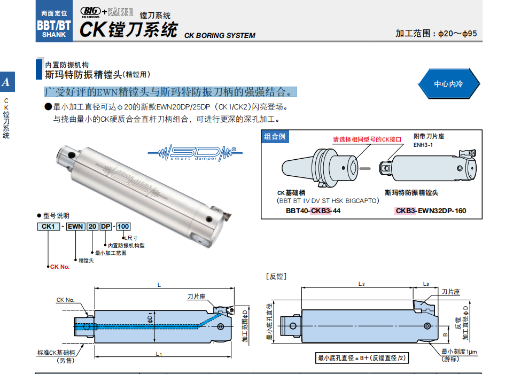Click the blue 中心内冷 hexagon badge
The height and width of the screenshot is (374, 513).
click(x=448, y=84)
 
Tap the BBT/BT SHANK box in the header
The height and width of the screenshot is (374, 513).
click(x=54, y=24)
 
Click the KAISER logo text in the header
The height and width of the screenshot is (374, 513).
click(x=120, y=11)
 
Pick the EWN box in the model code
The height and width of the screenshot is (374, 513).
click(x=75, y=227)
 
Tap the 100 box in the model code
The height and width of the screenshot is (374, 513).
click(x=123, y=227)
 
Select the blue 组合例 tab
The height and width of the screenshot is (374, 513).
click(x=275, y=137)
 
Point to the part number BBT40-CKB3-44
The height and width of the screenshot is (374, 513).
click(x=313, y=211)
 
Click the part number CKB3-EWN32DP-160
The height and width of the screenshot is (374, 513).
click(x=430, y=211)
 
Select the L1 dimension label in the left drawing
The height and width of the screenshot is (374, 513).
click(x=159, y=354)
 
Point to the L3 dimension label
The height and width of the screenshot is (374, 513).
click(x=425, y=284)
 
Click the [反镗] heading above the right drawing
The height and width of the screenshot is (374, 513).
click(x=276, y=276)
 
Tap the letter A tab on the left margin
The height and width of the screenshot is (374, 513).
click(x=6, y=82)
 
